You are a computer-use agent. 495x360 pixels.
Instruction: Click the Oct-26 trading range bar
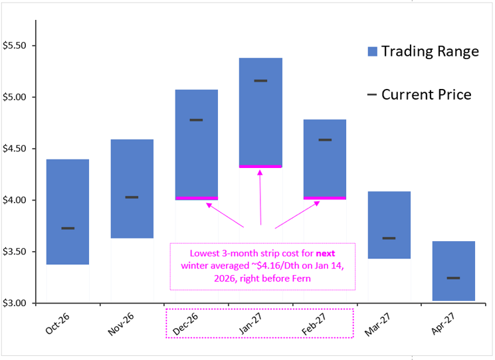click(x=68, y=199)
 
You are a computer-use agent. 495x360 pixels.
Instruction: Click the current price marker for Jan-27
click(x=260, y=81)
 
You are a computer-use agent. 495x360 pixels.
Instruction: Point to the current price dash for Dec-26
click(x=196, y=120)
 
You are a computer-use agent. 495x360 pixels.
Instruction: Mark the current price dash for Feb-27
click(x=325, y=140)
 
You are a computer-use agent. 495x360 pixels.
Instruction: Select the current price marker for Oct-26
click(x=68, y=228)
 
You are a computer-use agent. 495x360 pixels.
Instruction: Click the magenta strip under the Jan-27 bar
click(x=260, y=166)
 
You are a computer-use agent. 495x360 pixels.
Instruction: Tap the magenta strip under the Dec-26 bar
click(x=196, y=198)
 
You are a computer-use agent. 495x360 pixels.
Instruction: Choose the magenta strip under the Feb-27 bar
click(x=325, y=198)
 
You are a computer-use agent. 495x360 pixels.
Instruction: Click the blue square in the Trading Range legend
click(x=373, y=52)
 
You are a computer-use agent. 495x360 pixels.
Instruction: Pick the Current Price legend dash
click(x=372, y=95)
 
